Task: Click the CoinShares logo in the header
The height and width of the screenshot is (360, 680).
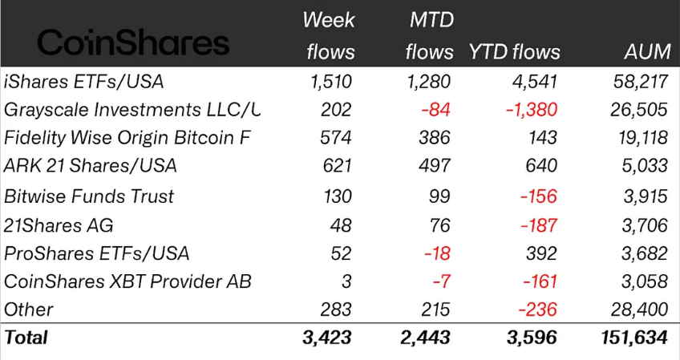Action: click(133, 42)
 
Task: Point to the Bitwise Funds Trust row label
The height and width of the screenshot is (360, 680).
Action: click(89, 196)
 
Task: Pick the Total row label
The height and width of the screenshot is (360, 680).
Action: click(26, 338)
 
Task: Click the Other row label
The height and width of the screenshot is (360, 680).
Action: click(29, 309)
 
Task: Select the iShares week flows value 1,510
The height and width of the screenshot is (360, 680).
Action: click(331, 81)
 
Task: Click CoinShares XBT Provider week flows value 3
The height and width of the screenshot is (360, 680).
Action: click(346, 282)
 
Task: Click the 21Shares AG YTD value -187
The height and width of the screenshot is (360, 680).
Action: click(536, 225)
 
